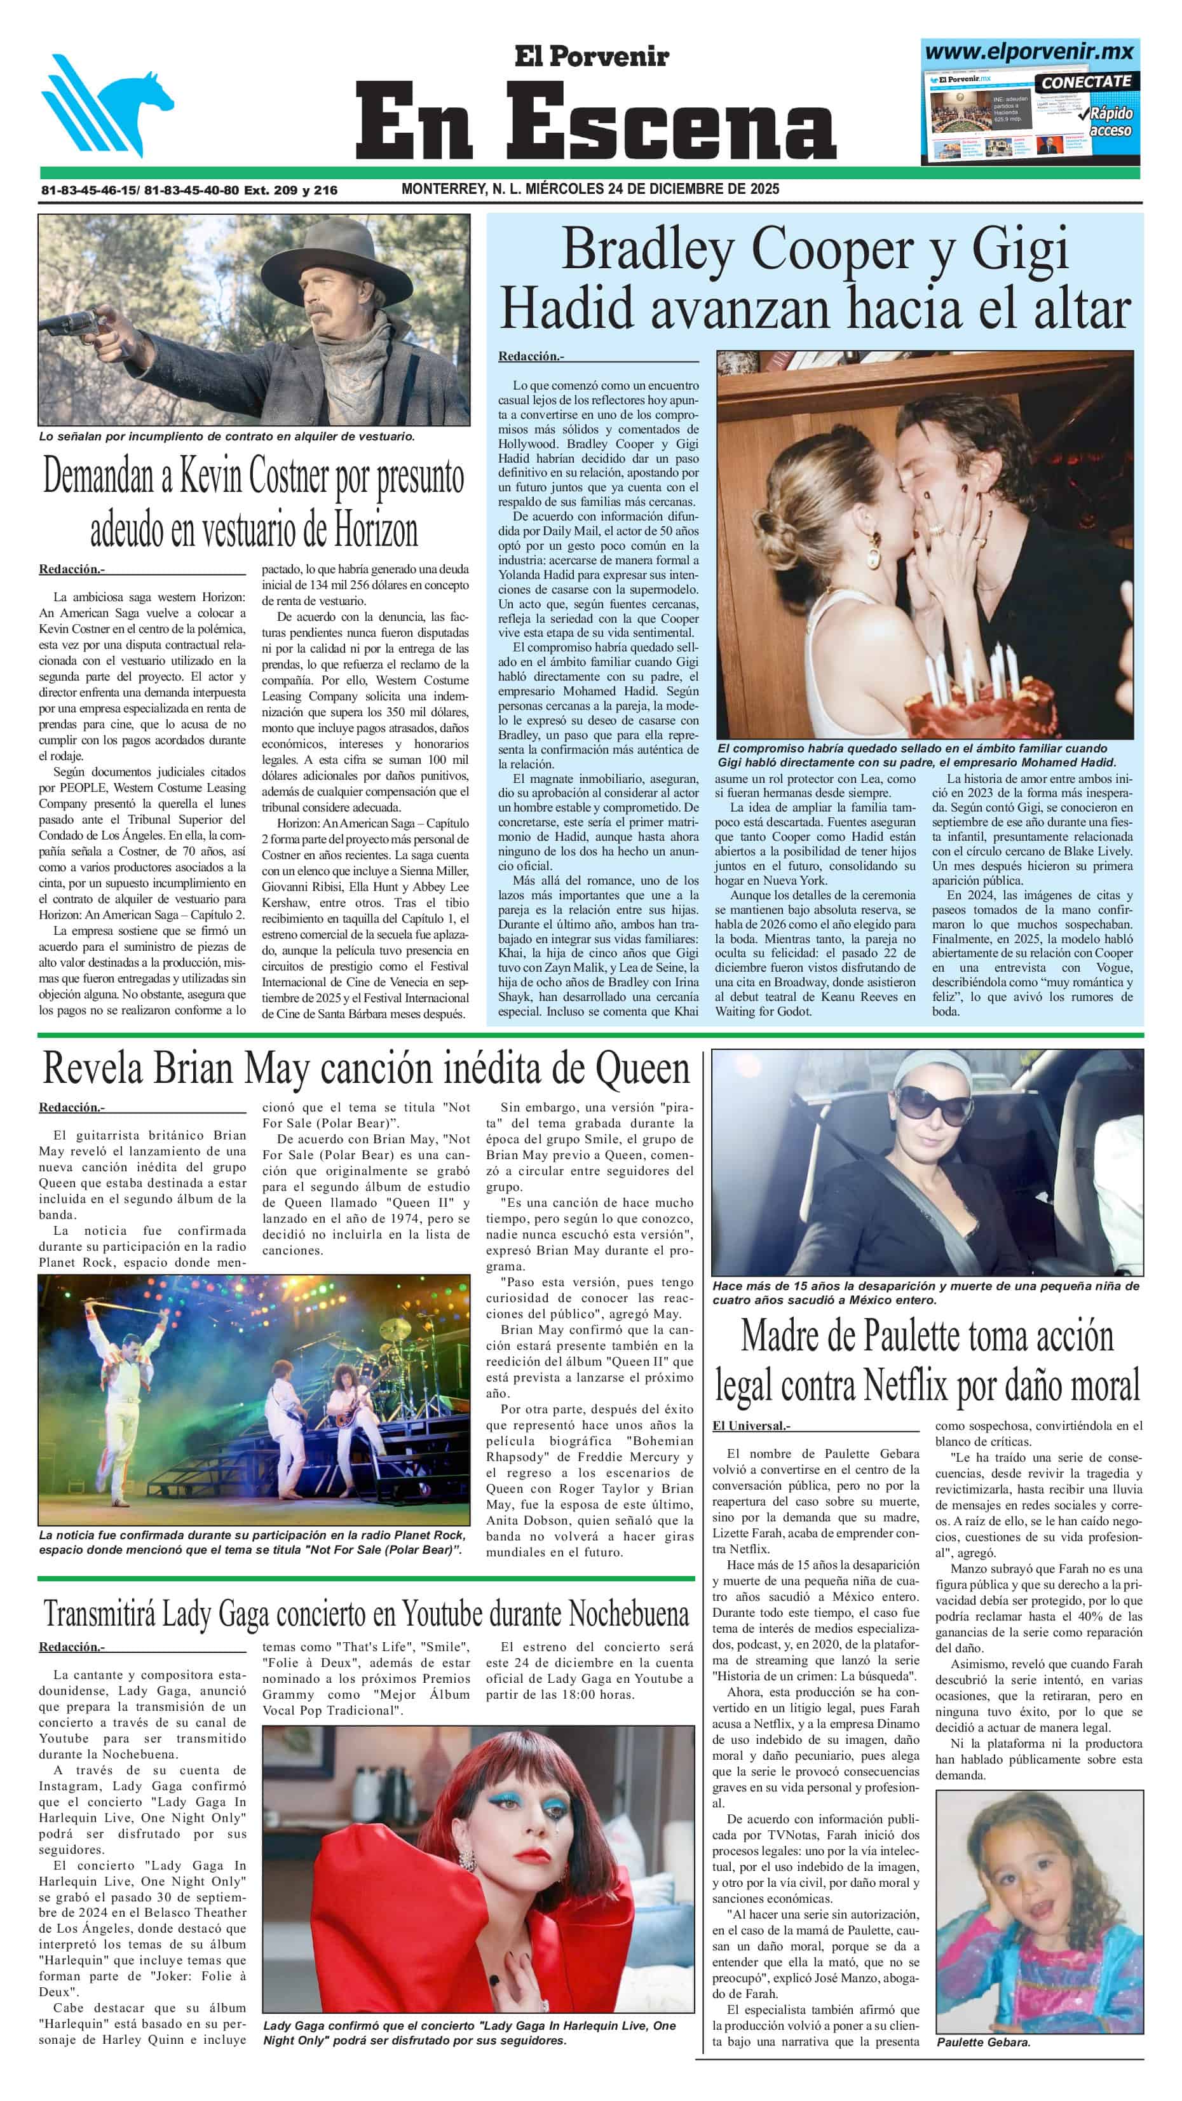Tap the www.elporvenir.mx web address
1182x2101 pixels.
click(1029, 52)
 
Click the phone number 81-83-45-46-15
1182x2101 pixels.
click(89, 190)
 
